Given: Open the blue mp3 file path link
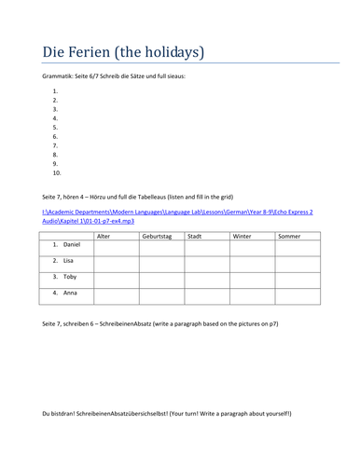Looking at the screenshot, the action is tap(177, 216).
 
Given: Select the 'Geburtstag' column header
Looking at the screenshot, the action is tap(157, 236).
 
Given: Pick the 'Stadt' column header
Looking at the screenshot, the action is tap(195, 236).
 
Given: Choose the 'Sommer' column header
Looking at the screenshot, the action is tap(289, 236).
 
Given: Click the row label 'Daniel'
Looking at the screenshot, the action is tap(72, 245).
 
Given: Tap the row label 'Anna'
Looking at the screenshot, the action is tap(70, 293).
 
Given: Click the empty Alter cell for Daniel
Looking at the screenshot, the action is tap(116, 248).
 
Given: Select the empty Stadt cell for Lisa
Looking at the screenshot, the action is tap(206, 264).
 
